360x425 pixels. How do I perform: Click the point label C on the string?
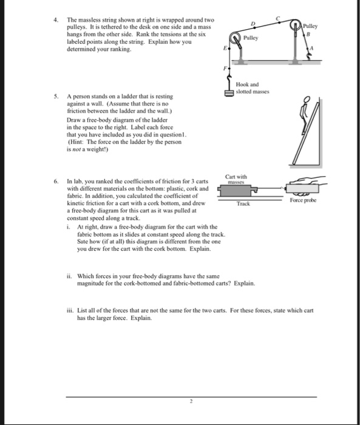click(x=277, y=18)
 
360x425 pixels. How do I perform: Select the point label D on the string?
click(x=253, y=24)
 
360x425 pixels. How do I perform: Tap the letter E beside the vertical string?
click(x=225, y=48)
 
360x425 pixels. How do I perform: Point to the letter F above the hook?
click(x=225, y=68)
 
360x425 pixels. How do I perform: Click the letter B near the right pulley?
click(x=308, y=35)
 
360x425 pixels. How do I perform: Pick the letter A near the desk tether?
click(x=311, y=48)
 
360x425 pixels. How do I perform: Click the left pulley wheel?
click(x=235, y=38)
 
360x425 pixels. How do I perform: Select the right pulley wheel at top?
click(x=294, y=25)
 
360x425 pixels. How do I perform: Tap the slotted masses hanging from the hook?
click(x=228, y=93)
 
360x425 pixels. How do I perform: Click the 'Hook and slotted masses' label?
click(x=253, y=88)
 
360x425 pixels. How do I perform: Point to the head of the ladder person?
click(x=307, y=100)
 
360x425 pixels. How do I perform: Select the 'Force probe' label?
click(x=303, y=200)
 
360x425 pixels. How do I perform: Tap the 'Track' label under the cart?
click(x=243, y=203)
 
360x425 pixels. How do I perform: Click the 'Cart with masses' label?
click(x=236, y=179)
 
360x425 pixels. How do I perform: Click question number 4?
click(x=56, y=20)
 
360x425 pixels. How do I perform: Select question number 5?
click(x=56, y=97)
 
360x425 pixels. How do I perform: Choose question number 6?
click(x=56, y=182)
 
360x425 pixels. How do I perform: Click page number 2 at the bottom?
click(x=191, y=401)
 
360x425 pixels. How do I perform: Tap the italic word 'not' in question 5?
click(x=76, y=149)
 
